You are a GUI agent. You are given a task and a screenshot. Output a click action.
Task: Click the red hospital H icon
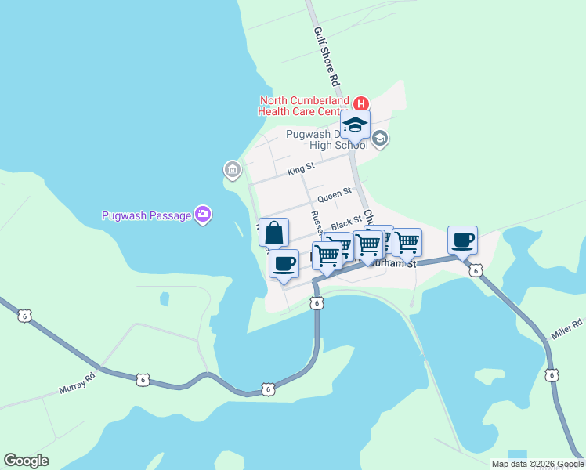click(361, 103)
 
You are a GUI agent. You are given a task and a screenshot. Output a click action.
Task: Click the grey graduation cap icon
click(380, 139)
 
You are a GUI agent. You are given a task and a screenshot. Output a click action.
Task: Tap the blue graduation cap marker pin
click(355, 125)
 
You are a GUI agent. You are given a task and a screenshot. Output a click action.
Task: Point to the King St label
click(300, 168)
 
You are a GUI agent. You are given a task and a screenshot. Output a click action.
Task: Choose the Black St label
click(345, 223)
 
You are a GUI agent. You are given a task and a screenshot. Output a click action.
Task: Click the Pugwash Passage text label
click(146, 215)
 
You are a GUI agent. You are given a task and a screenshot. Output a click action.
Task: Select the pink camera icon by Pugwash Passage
click(203, 214)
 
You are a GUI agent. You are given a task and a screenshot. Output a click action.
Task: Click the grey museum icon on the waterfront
click(232, 168)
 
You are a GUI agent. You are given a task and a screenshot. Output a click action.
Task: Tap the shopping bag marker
click(273, 233)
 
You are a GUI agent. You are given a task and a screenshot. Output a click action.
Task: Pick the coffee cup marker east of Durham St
click(462, 240)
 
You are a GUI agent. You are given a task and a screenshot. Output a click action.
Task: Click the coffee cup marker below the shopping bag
click(284, 263)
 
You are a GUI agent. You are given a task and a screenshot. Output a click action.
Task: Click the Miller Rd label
click(567, 324)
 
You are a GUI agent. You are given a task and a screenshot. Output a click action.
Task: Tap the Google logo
click(26, 461)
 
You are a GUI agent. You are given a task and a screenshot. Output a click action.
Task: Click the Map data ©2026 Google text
click(537, 464)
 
